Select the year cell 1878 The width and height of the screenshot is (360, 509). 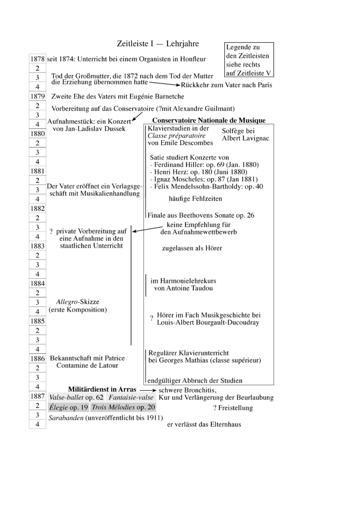point(38,59)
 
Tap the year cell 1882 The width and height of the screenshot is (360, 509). point(38,209)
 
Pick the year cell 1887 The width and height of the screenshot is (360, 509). point(38,397)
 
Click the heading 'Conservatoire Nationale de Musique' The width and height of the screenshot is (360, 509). point(209,120)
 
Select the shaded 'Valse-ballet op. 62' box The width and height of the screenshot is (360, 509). point(76,398)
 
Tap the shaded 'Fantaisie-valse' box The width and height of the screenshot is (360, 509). point(131,398)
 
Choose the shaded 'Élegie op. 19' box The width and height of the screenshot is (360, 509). point(68,407)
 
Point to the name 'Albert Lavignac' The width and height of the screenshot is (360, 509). point(246,138)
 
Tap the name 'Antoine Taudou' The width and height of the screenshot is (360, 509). point(183,288)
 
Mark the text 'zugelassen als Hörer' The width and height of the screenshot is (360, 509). point(192,248)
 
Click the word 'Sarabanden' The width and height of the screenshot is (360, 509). point(66,418)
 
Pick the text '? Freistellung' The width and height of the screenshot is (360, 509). point(233,408)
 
